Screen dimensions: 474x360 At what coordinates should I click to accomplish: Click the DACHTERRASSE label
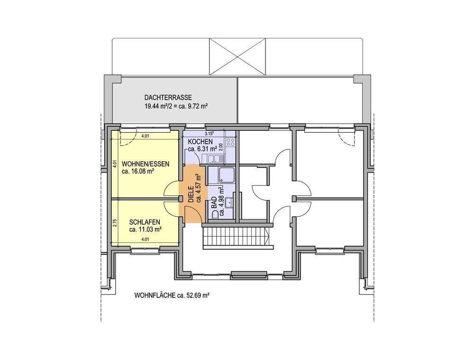click(x=168, y=98)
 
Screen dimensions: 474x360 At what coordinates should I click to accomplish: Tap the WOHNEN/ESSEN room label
click(x=146, y=164)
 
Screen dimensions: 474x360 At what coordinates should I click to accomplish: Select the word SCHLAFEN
click(x=145, y=222)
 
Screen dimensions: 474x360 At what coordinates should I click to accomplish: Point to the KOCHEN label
click(x=200, y=141)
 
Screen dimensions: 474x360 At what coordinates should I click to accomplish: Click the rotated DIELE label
click(x=191, y=194)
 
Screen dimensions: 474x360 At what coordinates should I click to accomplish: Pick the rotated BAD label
click(x=214, y=202)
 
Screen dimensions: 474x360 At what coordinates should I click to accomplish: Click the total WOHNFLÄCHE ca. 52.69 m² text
click(x=172, y=295)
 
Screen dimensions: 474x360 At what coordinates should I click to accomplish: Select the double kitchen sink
click(x=215, y=157)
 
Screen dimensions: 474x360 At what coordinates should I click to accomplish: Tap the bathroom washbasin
click(x=230, y=202)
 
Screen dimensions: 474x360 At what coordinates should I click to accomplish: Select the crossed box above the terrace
click(x=237, y=56)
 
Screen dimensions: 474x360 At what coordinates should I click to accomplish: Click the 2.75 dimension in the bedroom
click(x=115, y=223)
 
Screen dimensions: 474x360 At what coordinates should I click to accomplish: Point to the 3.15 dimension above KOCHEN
click(x=210, y=133)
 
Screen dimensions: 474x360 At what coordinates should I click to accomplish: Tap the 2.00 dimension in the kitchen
click(x=221, y=147)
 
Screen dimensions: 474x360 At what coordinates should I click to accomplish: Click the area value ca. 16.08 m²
click(x=138, y=172)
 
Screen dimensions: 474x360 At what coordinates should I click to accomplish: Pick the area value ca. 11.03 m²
click(x=145, y=230)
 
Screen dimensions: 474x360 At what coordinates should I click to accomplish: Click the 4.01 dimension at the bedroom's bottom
click(x=146, y=240)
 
